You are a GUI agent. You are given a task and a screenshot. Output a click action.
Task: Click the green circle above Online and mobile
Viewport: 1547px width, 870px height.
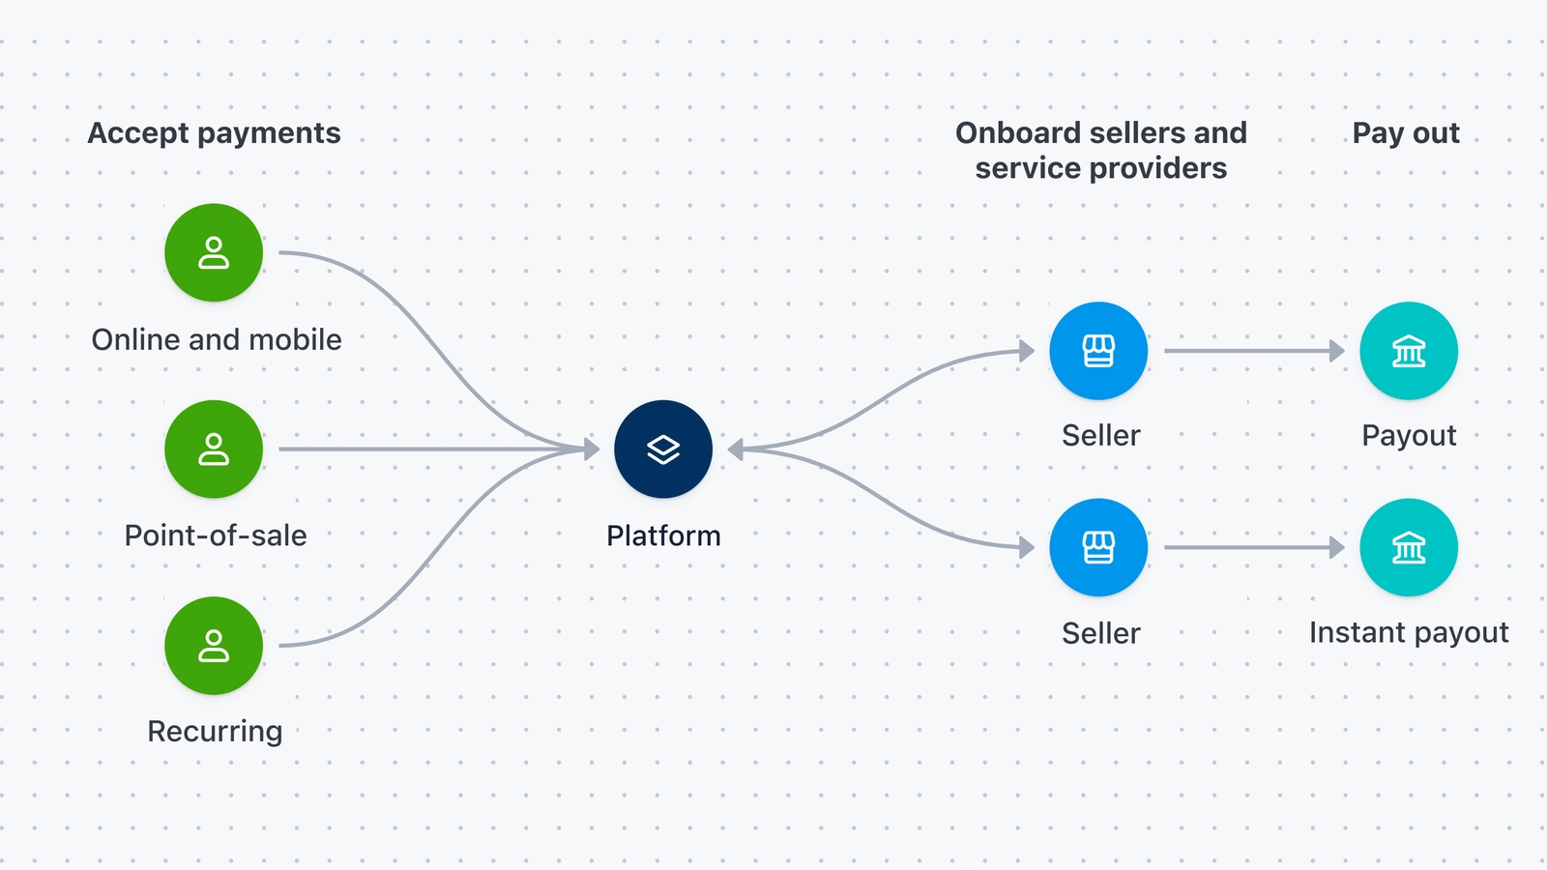pyautogui.click(x=214, y=252)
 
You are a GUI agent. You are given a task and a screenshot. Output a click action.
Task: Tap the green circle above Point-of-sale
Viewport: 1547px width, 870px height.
pyautogui.click(x=214, y=449)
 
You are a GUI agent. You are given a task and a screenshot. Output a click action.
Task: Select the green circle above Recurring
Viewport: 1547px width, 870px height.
pyautogui.click(x=214, y=646)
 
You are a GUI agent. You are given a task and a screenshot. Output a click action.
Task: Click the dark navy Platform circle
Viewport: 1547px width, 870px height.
pyautogui.click(x=663, y=449)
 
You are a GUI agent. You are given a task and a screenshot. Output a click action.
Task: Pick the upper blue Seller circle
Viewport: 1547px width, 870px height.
pyautogui.click(x=1098, y=351)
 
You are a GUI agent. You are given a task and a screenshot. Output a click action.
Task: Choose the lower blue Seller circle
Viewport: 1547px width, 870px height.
pyautogui.click(x=1098, y=547)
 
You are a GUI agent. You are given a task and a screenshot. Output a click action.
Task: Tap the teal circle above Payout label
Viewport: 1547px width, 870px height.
pyautogui.click(x=1409, y=351)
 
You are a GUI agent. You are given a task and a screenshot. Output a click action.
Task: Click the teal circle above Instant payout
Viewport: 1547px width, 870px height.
pyautogui.click(x=1409, y=547)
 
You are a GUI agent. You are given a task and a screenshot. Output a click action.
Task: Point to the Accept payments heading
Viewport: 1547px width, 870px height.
pyautogui.click(x=214, y=133)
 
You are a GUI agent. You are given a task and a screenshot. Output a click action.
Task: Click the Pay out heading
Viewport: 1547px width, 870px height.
pyautogui.click(x=1406, y=133)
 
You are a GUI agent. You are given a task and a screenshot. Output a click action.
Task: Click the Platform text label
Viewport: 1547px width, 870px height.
pyautogui.click(x=663, y=536)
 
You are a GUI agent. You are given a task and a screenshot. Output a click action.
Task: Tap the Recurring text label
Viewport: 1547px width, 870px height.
pyautogui.click(x=215, y=732)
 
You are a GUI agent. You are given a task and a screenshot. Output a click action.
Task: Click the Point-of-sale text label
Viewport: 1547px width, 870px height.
pyautogui.click(x=216, y=536)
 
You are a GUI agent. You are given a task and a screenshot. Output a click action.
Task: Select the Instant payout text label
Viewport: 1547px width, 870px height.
pyautogui.click(x=1409, y=632)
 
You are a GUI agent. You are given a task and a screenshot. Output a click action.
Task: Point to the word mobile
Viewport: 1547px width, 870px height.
pyautogui.click(x=295, y=339)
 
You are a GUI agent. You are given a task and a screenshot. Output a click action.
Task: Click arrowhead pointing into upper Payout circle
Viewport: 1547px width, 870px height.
pyautogui.click(x=1337, y=351)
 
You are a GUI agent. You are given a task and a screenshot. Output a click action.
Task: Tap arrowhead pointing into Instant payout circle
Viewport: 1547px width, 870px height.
pyautogui.click(x=1337, y=548)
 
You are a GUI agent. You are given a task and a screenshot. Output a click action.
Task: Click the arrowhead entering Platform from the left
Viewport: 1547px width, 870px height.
pyautogui.click(x=592, y=449)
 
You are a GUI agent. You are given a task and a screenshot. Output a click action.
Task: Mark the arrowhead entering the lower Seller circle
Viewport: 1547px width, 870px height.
pyautogui.click(x=1027, y=548)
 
